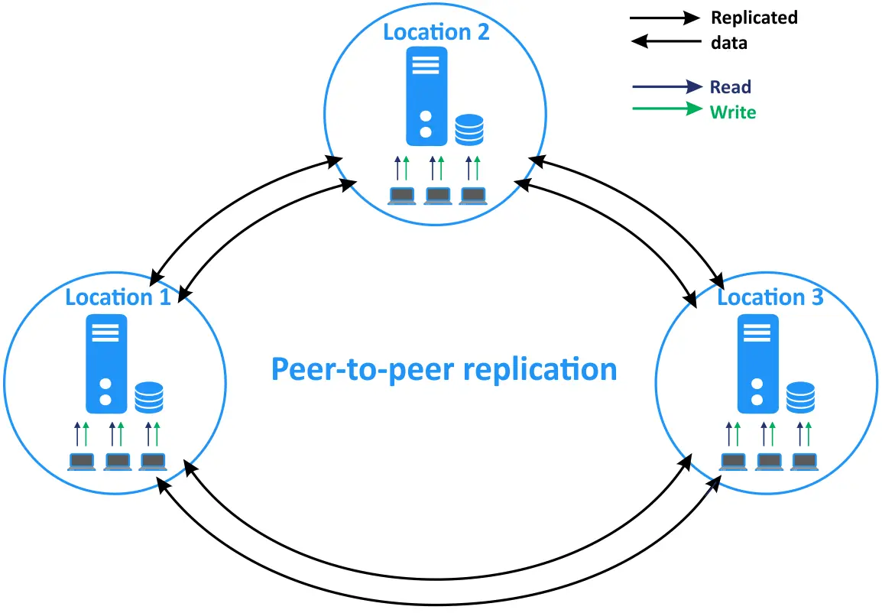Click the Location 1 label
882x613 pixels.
[118, 297]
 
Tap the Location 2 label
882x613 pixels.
[436, 32]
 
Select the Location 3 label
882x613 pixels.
[770, 297]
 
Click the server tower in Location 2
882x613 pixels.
[426, 96]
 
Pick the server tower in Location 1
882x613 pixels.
[106, 363]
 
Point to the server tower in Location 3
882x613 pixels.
[757, 363]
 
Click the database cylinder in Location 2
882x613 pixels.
[469, 130]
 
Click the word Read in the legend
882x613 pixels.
[730, 87]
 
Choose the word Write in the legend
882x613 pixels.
[732, 112]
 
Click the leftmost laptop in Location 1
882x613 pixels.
[81, 462]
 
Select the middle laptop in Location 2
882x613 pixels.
[437, 196]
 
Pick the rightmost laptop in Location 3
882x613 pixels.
[804, 462]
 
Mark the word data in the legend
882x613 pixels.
[728, 43]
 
